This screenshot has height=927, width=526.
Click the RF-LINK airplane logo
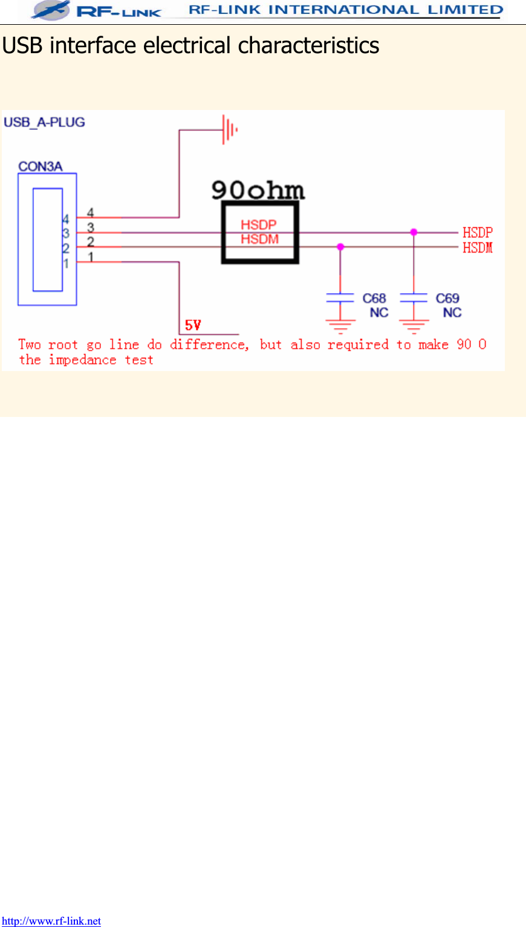[x=51, y=10]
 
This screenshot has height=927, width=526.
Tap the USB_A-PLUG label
[x=44, y=122]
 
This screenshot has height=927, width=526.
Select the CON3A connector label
[x=41, y=166]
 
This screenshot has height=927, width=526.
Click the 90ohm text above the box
[x=258, y=190]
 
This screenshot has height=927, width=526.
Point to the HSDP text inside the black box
[x=259, y=225]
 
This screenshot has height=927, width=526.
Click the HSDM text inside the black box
[x=259, y=239]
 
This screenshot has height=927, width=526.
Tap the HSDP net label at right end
[x=478, y=233]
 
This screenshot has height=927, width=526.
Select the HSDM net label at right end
[x=478, y=248]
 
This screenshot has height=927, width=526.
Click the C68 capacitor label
[x=374, y=299]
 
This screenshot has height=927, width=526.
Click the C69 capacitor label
[x=447, y=299]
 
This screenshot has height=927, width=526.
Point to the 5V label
[x=193, y=326]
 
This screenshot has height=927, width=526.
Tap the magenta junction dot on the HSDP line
[x=414, y=232]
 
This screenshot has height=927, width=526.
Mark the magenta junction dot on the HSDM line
[x=340, y=247]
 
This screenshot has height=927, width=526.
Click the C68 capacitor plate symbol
[x=340, y=297]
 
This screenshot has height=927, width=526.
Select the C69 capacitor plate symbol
[x=414, y=297]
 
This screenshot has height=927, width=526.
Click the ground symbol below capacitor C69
[x=414, y=327]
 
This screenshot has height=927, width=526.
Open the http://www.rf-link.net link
[x=51, y=921]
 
